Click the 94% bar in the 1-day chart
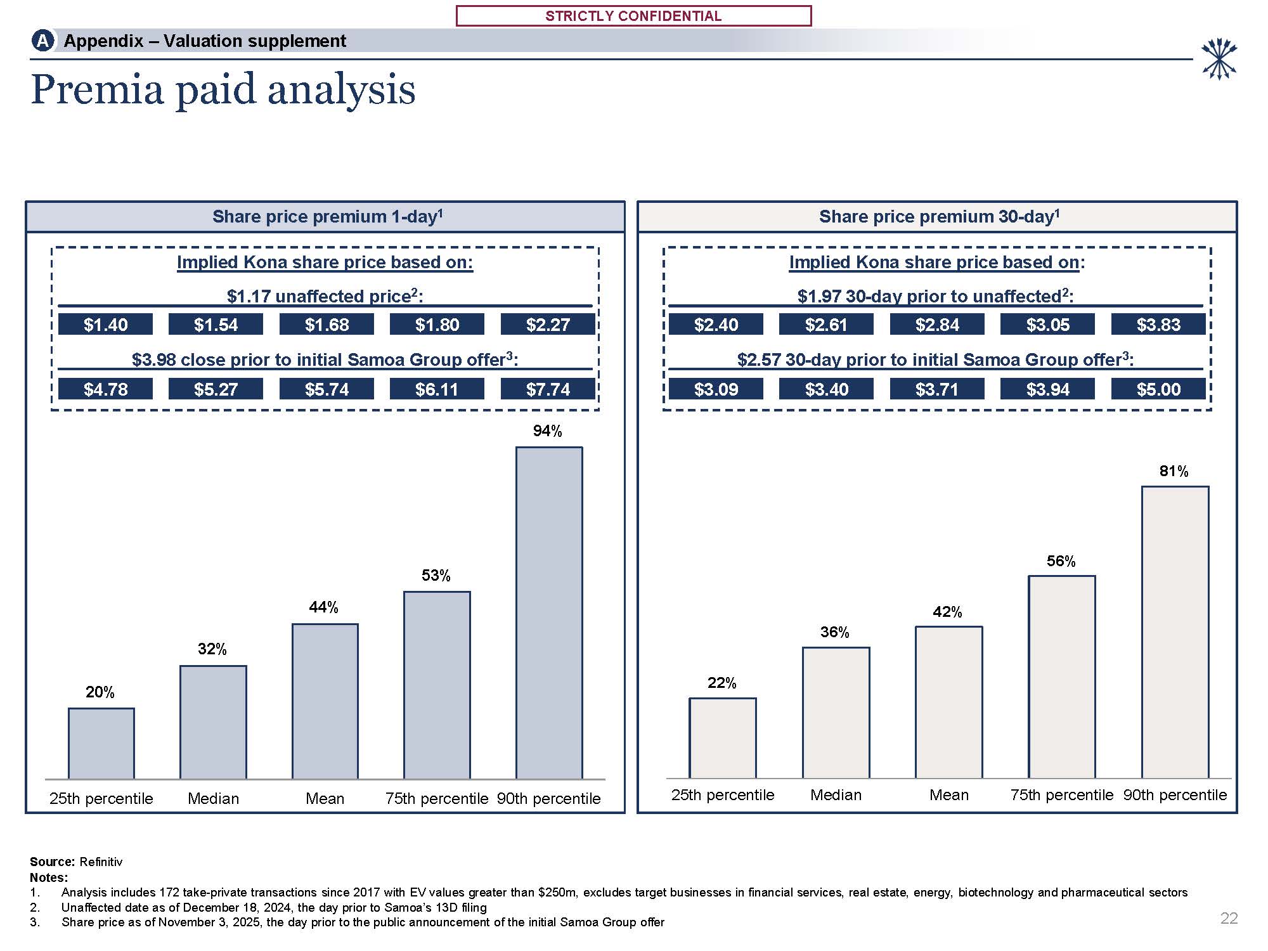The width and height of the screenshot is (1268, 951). [x=548, y=612]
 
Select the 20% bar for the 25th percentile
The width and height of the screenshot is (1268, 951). [x=101, y=743]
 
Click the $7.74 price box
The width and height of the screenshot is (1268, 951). [x=548, y=389]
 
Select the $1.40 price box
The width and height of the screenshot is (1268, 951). [x=105, y=325]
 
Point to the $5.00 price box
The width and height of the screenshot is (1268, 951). [x=1158, y=389]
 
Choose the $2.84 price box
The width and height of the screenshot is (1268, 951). [x=937, y=325]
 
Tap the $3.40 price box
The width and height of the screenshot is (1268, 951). [x=826, y=389]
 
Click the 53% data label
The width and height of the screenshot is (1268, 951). [x=436, y=575]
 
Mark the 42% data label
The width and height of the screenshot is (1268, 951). [x=947, y=612]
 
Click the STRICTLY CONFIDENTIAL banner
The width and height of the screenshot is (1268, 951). [x=633, y=16]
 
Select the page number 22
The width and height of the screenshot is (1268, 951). [x=1229, y=918]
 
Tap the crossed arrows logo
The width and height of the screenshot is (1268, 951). [x=1219, y=59]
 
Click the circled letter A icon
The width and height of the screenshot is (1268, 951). [x=42, y=41]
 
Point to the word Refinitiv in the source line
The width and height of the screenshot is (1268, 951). [x=101, y=862]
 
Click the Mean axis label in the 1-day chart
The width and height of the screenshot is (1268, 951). [x=325, y=799]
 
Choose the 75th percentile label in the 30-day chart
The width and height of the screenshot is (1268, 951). [x=1061, y=795]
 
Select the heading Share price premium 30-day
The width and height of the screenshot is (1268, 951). [x=939, y=217]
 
